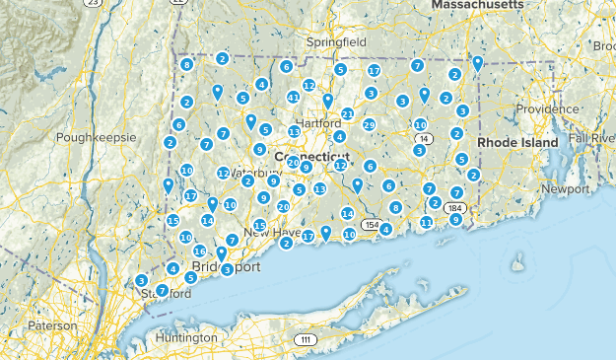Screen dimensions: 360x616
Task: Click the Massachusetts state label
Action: point(478,5)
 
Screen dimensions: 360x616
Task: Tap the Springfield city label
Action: point(335,43)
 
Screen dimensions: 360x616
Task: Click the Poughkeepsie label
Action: point(96,137)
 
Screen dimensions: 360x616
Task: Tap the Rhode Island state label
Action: point(517,142)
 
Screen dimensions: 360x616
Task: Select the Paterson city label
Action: point(51,324)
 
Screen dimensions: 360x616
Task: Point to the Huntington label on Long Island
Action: point(185,337)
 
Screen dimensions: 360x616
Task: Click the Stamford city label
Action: point(166,294)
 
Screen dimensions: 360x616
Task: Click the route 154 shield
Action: point(372,225)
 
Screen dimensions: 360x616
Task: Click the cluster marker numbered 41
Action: point(293,97)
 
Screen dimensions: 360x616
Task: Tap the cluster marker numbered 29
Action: point(369,125)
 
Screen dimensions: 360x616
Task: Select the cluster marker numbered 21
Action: point(348,114)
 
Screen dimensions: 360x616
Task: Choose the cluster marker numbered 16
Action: point(199,252)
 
